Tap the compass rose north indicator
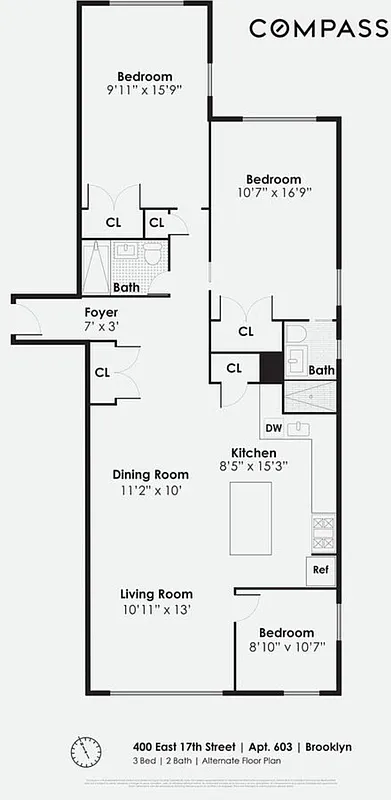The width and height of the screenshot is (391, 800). [x=80, y=751]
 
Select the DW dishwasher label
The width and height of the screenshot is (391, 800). [x=273, y=429]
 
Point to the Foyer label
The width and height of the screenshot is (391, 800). [x=102, y=312]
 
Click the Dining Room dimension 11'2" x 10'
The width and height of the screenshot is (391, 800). [x=150, y=491]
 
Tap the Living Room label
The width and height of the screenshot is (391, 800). [x=150, y=594]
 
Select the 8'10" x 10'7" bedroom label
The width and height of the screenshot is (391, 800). [x=286, y=648]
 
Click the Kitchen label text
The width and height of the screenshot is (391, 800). [x=254, y=451]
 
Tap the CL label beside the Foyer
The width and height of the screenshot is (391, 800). [x=102, y=373]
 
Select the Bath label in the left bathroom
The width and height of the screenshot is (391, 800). [x=125, y=287]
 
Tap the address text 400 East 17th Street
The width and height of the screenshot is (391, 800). [x=185, y=747]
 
